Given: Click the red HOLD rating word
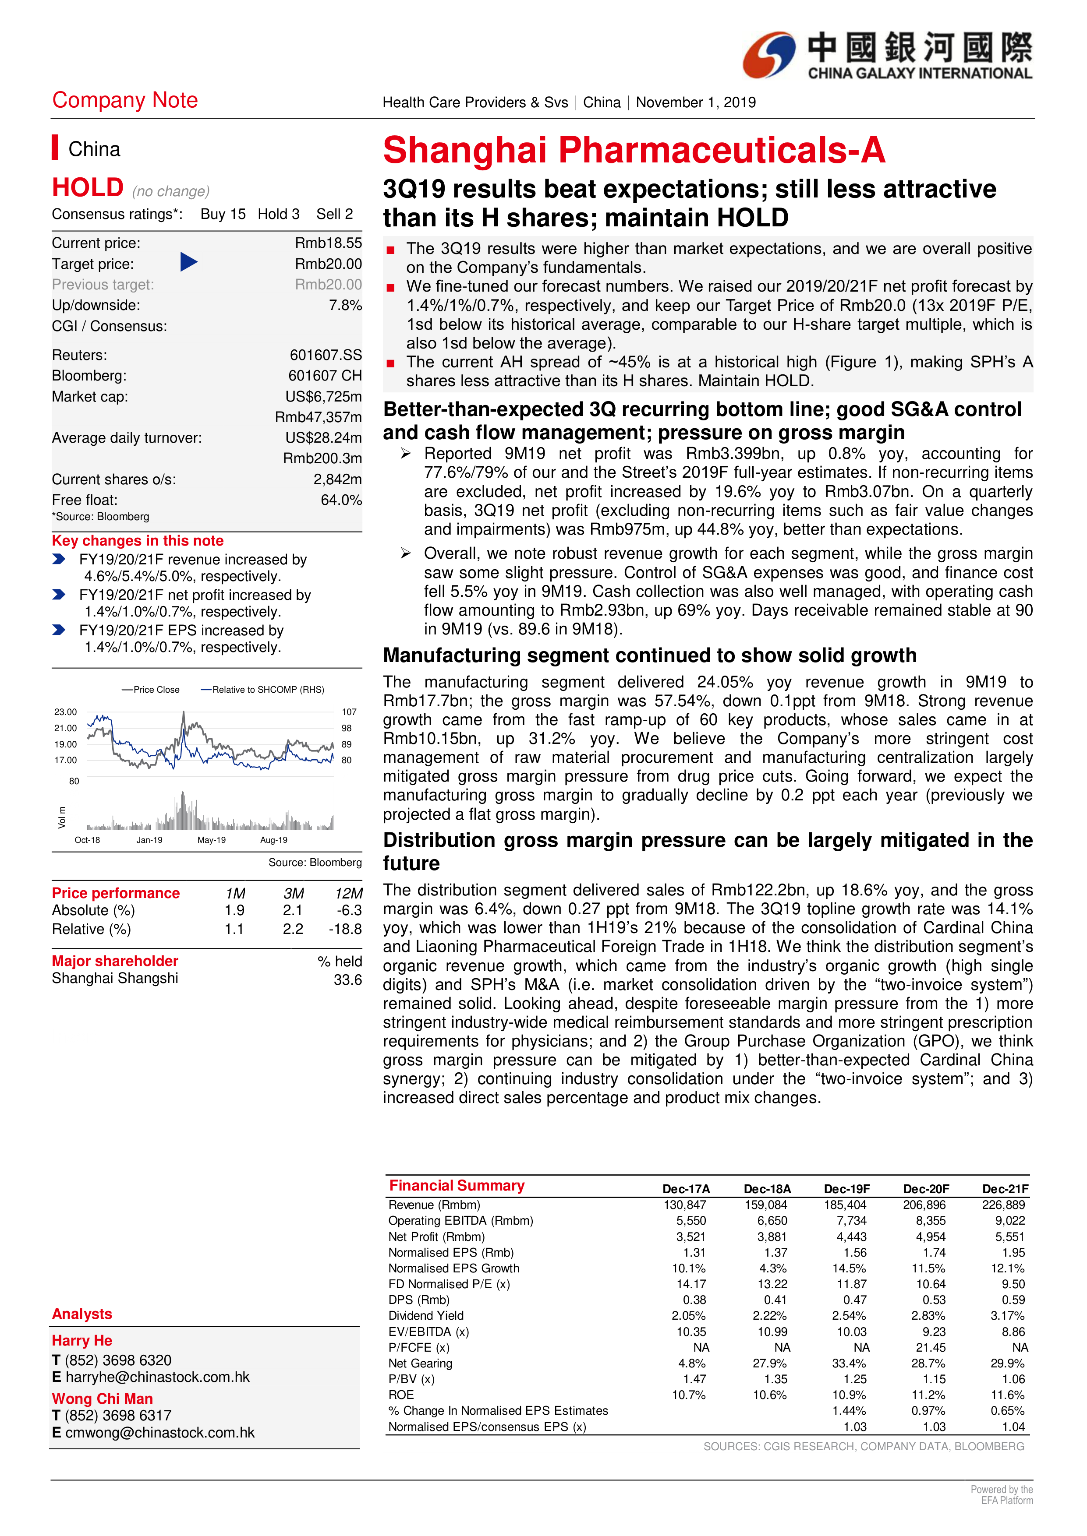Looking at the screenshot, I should pos(88,187).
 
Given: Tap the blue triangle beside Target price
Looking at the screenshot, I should pos(189,262).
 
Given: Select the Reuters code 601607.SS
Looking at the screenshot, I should pos(325,355).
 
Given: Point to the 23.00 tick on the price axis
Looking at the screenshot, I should pos(66,712).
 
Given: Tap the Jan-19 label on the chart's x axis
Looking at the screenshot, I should pos(149,840).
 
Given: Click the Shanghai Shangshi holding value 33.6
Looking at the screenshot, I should pos(347,979).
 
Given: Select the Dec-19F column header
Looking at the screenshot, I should pos(847,1189).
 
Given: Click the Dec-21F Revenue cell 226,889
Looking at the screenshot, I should pos(1003,1205).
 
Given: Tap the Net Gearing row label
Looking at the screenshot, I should pos(420,1363).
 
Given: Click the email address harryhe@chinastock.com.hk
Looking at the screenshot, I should pos(157,1377).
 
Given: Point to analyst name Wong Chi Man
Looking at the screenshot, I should pos(103,1399).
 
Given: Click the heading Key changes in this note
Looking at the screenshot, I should pos(138,541).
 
